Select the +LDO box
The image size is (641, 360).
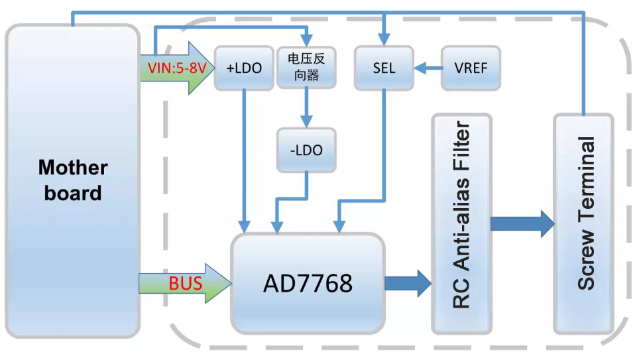point(244,68)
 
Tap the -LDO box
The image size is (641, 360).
point(306,150)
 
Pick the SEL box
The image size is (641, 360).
point(384,68)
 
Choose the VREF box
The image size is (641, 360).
point(471,68)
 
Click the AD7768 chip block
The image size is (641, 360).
point(308,284)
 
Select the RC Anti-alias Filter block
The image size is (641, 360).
point(461,223)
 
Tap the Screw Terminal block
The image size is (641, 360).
point(584,223)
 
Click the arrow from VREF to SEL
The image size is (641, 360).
point(428,68)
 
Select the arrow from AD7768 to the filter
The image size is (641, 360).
point(407,284)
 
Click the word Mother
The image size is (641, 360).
point(72,168)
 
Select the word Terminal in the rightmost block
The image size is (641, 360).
point(585,189)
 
